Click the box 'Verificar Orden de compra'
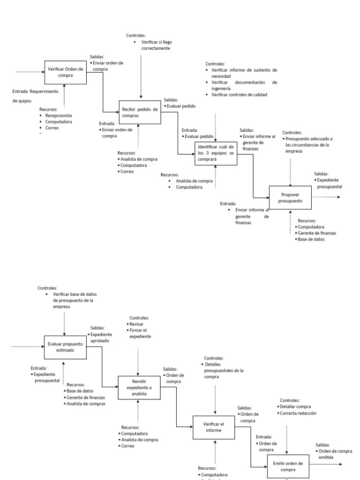[66, 72]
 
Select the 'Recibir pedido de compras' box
[139, 112]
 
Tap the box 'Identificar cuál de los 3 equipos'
[216, 153]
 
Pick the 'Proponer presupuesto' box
[290, 197]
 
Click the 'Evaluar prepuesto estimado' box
[65, 347]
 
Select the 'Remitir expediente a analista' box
[139, 388]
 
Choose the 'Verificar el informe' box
[214, 427]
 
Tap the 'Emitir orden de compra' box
[288, 466]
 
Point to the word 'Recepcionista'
[59, 115]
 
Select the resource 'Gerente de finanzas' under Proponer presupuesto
[317, 233]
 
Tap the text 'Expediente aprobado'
[100, 337]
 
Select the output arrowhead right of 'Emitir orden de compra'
[340, 465]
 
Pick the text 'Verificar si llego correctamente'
[155, 45]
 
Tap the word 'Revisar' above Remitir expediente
[137, 324]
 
